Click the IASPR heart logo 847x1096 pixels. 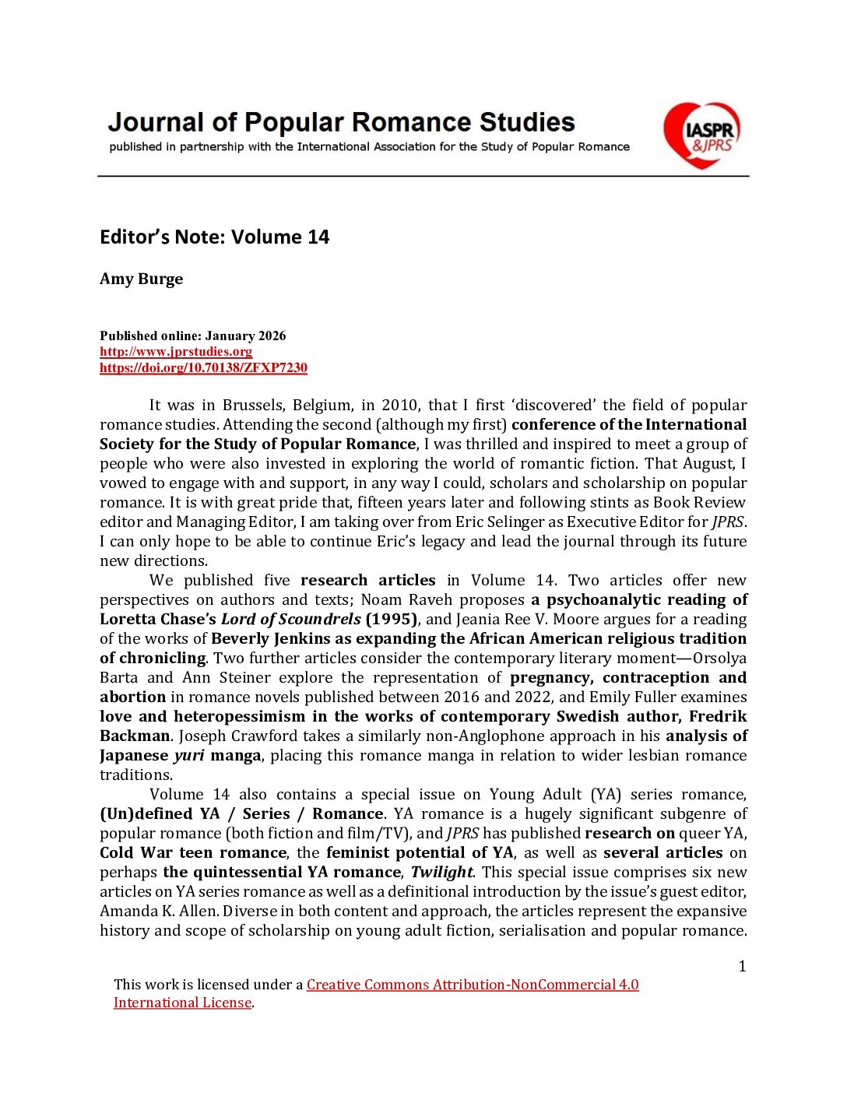click(x=701, y=135)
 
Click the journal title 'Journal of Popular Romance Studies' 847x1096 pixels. click(x=341, y=122)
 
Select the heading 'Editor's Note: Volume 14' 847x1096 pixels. click(x=214, y=237)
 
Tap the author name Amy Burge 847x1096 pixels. click(x=141, y=279)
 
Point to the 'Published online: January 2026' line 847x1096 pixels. click(x=192, y=335)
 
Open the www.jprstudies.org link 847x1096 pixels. click(x=176, y=351)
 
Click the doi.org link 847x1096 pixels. click(x=203, y=367)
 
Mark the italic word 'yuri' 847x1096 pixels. click(x=189, y=755)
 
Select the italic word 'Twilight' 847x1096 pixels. click(x=441, y=872)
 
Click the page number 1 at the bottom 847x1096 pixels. click(x=742, y=966)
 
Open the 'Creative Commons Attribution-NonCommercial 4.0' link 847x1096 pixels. click(x=473, y=984)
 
